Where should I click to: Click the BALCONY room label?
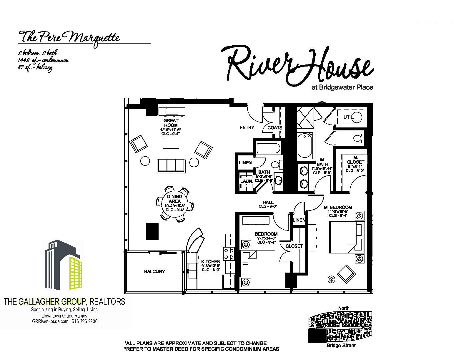click(x=154, y=271)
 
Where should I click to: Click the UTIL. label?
click(x=349, y=117)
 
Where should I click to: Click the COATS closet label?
click(x=275, y=127)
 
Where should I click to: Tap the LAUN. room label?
click(x=247, y=181)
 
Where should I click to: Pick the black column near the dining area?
click(x=152, y=231)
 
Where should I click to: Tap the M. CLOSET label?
click(x=355, y=160)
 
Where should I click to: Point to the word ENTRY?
click(x=247, y=127)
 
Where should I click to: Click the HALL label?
click(x=268, y=202)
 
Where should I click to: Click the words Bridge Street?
click(x=341, y=346)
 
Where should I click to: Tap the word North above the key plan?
click(x=344, y=308)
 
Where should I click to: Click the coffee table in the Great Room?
click(x=171, y=143)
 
